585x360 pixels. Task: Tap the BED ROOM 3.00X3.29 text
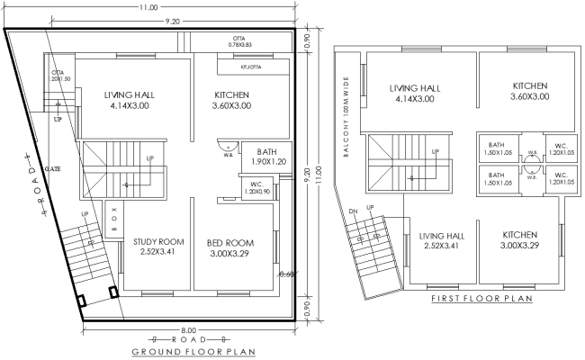point(230,248)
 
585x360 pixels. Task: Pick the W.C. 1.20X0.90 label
point(256,187)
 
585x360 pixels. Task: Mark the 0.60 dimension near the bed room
point(286,274)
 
